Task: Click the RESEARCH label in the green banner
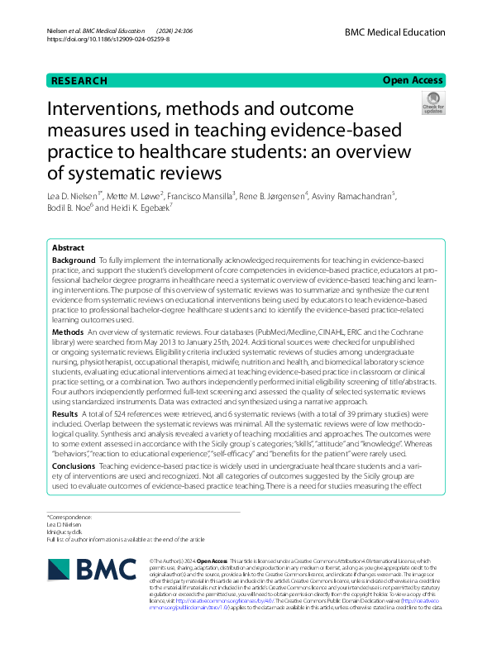tap(79, 81)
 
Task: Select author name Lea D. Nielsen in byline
tap(79, 196)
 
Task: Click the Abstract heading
tap(68, 248)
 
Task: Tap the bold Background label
tap(74, 260)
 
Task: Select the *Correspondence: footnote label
tap(69, 518)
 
